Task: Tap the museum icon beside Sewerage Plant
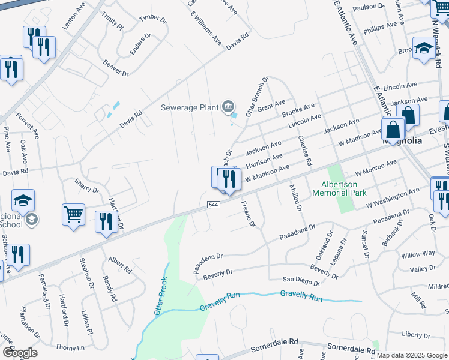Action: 228,107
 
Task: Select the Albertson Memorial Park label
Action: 339,189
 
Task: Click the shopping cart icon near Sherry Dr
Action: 73,214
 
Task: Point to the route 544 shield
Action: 212,204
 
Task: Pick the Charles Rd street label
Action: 305,151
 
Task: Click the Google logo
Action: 20,353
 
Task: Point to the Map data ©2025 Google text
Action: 412,355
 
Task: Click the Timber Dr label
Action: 153,19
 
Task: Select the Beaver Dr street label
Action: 116,68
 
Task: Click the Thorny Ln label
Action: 70,347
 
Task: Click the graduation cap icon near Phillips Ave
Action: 424,49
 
